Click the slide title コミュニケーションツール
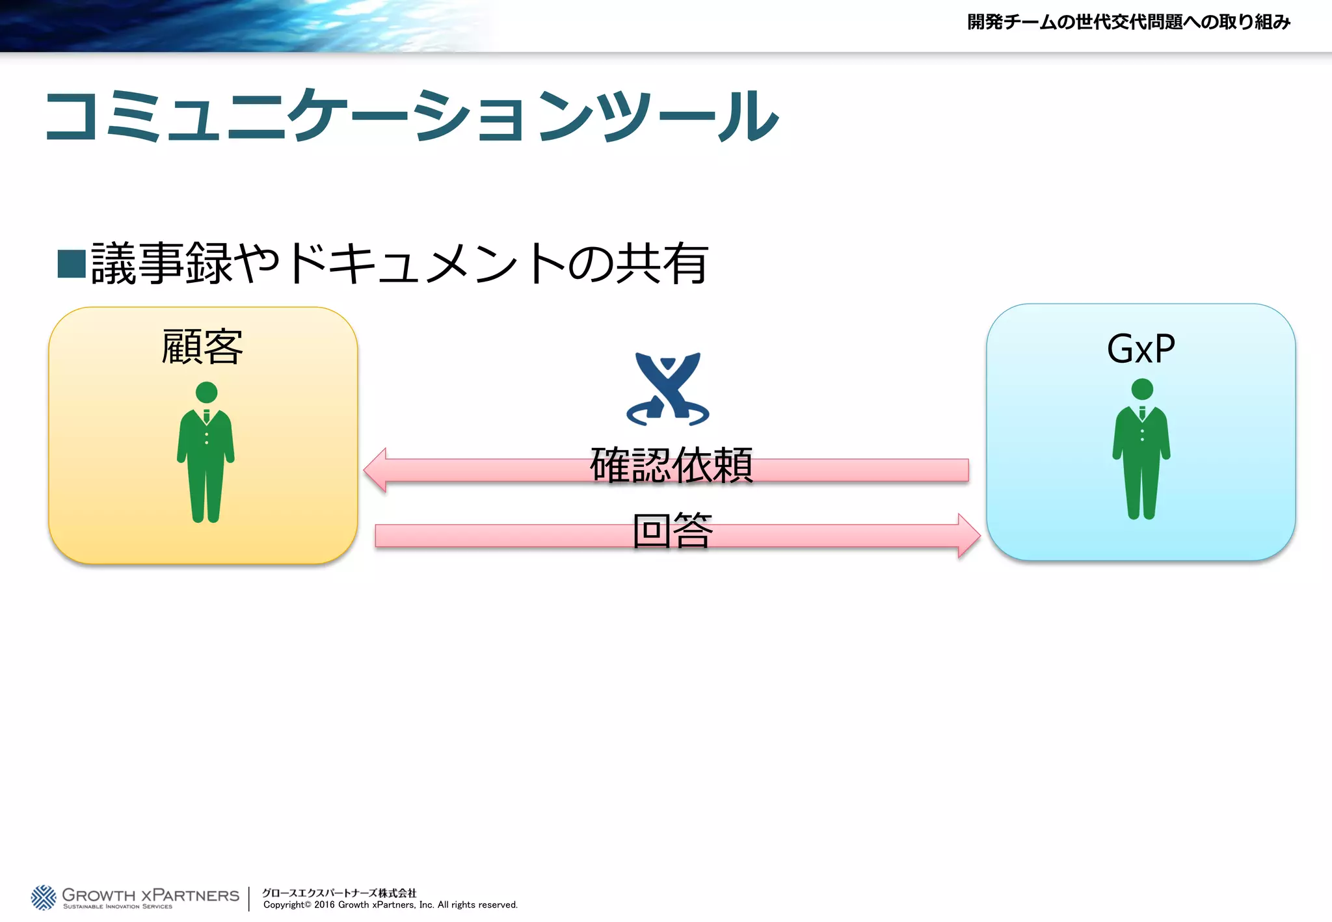pyautogui.click(x=411, y=116)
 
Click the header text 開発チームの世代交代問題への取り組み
pyautogui.click(x=1128, y=22)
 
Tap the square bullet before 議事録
pyautogui.click(x=72, y=263)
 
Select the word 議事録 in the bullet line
pyautogui.click(x=161, y=263)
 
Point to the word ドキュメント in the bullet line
pyautogui.click(x=426, y=263)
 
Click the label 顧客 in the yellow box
pyautogui.click(x=202, y=347)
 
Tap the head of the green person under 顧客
pyautogui.click(x=206, y=392)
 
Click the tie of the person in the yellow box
pyautogui.click(x=206, y=416)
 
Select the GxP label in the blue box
pyautogui.click(x=1141, y=349)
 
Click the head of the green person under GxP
pyautogui.click(x=1141, y=389)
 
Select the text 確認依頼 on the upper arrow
pyautogui.click(x=671, y=466)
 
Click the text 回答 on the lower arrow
pyautogui.click(x=673, y=531)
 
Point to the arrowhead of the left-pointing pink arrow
pyautogui.click(x=377, y=469)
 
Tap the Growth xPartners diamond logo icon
pyautogui.click(x=44, y=897)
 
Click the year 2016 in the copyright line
pyautogui.click(x=324, y=905)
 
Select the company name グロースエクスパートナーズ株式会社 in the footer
pyautogui.click(x=339, y=893)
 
